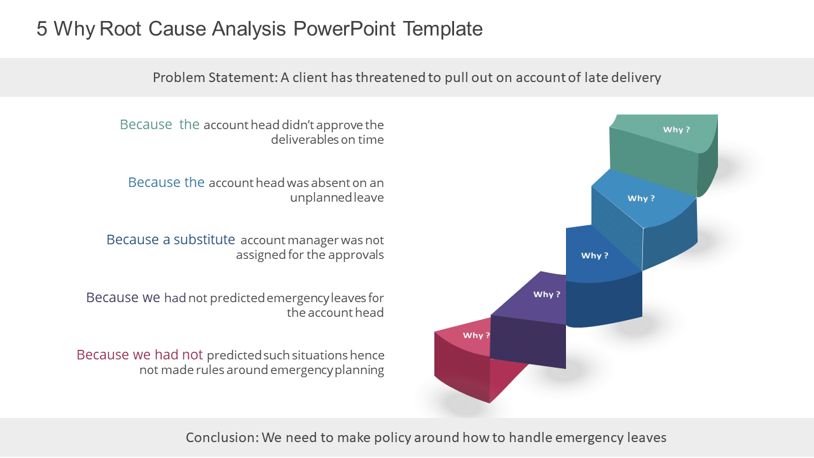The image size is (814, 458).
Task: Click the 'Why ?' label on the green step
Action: pyautogui.click(x=676, y=130)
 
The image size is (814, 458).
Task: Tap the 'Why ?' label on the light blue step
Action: pyautogui.click(x=640, y=198)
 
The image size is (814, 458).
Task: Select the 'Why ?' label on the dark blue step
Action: pyautogui.click(x=594, y=256)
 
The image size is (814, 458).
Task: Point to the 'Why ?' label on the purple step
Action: pyautogui.click(x=546, y=295)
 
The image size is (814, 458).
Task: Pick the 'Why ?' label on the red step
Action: pyautogui.click(x=476, y=335)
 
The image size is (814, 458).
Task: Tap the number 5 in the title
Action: pyautogui.click(x=42, y=29)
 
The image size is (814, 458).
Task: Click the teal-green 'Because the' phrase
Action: pyautogui.click(x=159, y=125)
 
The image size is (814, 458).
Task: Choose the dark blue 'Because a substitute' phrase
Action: pyautogui.click(x=170, y=240)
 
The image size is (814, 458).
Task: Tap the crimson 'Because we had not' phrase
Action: pyautogui.click(x=139, y=355)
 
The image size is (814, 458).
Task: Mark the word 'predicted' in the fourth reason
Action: pyautogui.click(x=237, y=298)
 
